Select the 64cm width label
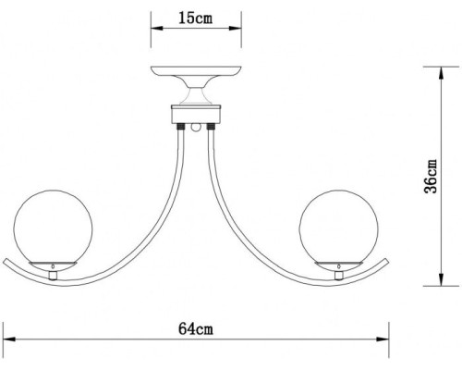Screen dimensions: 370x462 (198, 328)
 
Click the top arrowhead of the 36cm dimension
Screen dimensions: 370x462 (426, 68)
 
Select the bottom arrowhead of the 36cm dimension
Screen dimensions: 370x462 (426, 279)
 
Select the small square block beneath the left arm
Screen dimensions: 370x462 (54, 275)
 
